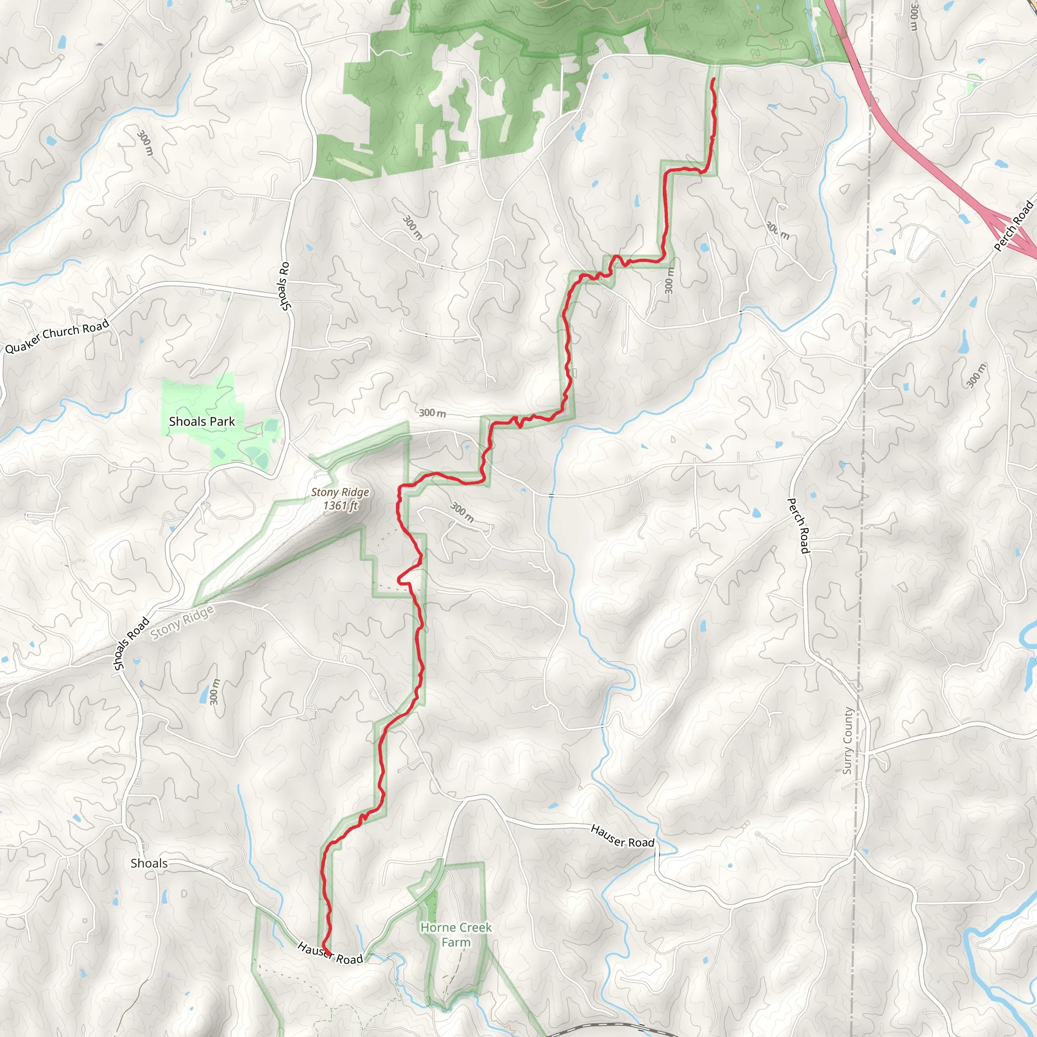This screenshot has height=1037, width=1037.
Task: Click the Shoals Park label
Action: pos(202,422)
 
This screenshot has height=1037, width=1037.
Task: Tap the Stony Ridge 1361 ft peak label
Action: pos(340,499)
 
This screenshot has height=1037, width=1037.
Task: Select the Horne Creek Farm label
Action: pos(456,935)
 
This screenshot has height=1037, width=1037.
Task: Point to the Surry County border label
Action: pos(847,741)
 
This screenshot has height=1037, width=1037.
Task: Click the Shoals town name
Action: pos(149,863)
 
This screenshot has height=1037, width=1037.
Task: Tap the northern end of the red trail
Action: pos(714,79)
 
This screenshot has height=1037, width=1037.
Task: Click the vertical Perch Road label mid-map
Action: pos(798,526)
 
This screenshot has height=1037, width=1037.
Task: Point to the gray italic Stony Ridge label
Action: pos(182,622)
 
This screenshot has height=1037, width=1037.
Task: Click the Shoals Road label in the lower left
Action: pos(131,644)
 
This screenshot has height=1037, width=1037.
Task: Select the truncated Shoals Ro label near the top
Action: pos(285,286)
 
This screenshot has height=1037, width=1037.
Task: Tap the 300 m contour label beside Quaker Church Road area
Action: pos(145,143)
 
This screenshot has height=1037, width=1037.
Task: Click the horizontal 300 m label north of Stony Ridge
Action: pos(432,413)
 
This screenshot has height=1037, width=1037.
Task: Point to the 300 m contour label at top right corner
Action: pos(913,16)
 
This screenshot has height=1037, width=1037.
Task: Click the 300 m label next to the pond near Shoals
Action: pos(214,692)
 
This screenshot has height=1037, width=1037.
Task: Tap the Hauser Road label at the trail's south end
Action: pos(330,953)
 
